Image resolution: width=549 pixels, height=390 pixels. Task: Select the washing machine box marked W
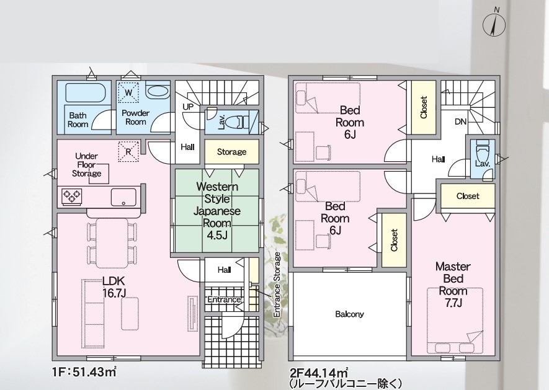point(128,92)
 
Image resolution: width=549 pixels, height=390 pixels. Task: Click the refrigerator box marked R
point(128,151)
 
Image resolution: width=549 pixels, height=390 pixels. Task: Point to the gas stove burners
point(72,196)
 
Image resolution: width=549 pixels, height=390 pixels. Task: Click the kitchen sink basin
point(123,197)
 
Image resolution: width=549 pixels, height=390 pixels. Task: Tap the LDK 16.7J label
point(114,286)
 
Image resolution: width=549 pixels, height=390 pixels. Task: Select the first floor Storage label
point(231,152)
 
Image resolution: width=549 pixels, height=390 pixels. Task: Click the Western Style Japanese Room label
point(217,211)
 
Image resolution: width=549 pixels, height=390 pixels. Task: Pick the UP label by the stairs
point(188,107)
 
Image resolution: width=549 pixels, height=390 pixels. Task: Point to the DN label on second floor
point(460,122)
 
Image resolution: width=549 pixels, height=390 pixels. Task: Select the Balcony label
point(349,314)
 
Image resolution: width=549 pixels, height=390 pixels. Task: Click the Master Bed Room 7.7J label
point(453,285)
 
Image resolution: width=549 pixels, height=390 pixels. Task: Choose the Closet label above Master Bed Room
point(468,196)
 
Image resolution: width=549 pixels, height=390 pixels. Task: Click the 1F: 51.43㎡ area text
point(84,372)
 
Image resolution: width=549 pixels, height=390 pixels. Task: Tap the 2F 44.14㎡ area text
point(319,372)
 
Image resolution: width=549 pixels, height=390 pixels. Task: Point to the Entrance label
point(224,299)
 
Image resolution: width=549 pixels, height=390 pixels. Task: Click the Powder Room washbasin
point(158,91)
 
